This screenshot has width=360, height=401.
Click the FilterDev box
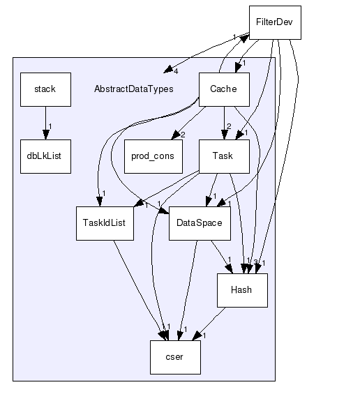[275, 23]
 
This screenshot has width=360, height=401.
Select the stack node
[45, 89]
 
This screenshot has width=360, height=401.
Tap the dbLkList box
[45, 156]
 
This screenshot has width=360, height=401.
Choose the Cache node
[223, 89]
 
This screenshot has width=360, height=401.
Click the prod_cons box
[153, 156]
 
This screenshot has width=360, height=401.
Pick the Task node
[225, 156]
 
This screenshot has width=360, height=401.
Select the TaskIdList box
[105, 223]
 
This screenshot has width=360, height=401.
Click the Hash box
[242, 290]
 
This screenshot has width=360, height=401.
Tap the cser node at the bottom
[175, 357]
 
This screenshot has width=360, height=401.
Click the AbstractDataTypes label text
[133, 89]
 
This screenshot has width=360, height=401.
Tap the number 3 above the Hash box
[255, 263]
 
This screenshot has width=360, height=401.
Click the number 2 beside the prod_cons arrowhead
[183, 134]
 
